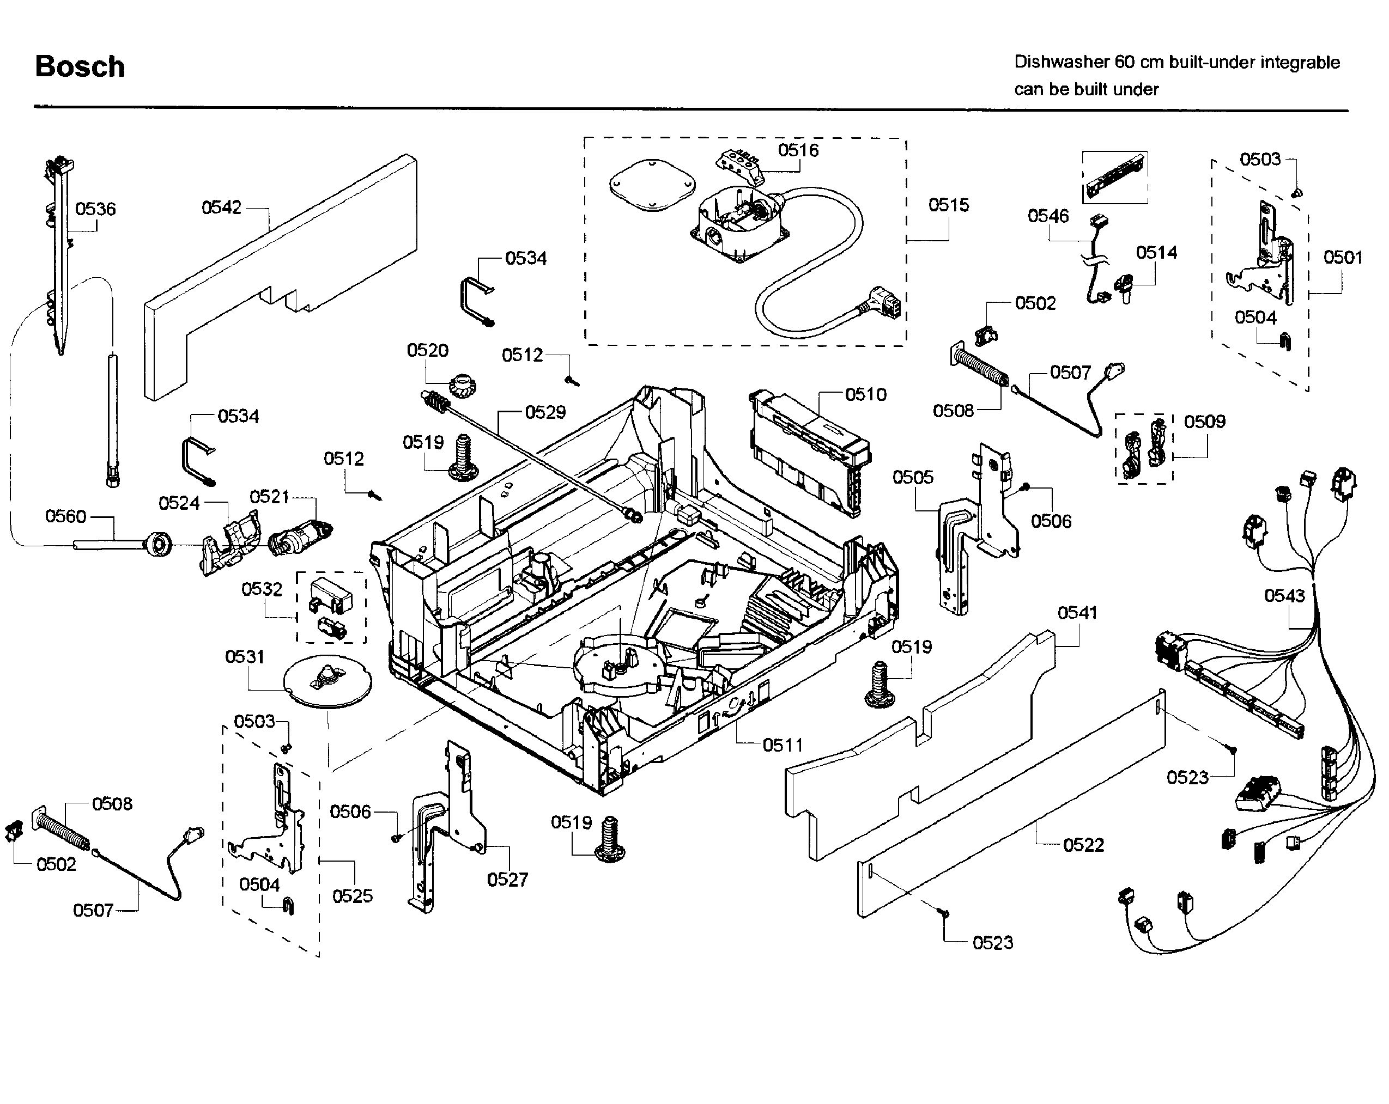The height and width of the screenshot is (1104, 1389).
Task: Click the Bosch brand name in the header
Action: tap(80, 67)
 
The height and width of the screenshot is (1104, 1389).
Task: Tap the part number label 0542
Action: tap(221, 208)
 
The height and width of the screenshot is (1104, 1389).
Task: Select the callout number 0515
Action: tap(948, 205)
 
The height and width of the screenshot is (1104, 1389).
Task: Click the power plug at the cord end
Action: tap(884, 304)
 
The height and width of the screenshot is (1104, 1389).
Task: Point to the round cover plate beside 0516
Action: tap(652, 184)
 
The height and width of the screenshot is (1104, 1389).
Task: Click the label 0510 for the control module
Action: tap(865, 394)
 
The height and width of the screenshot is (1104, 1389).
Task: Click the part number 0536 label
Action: tap(95, 209)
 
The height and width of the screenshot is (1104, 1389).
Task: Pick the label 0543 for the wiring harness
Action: tap(1284, 595)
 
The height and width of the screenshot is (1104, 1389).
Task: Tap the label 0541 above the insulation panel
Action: tap(1077, 613)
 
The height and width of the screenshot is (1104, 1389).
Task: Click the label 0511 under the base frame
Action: tap(782, 745)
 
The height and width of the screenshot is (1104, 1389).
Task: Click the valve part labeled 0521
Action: tap(298, 536)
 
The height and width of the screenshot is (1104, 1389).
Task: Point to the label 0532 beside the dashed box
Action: tap(262, 589)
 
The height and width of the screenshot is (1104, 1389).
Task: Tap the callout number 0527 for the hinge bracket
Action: tap(507, 879)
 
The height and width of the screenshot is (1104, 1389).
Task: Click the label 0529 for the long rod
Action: tap(545, 412)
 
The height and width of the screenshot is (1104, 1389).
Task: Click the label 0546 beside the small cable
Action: tap(1047, 216)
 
